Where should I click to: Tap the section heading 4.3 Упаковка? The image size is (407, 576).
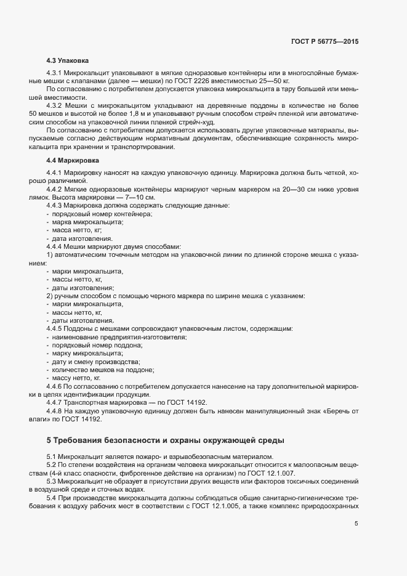point(68,61)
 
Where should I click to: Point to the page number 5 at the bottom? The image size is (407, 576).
point(356,524)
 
